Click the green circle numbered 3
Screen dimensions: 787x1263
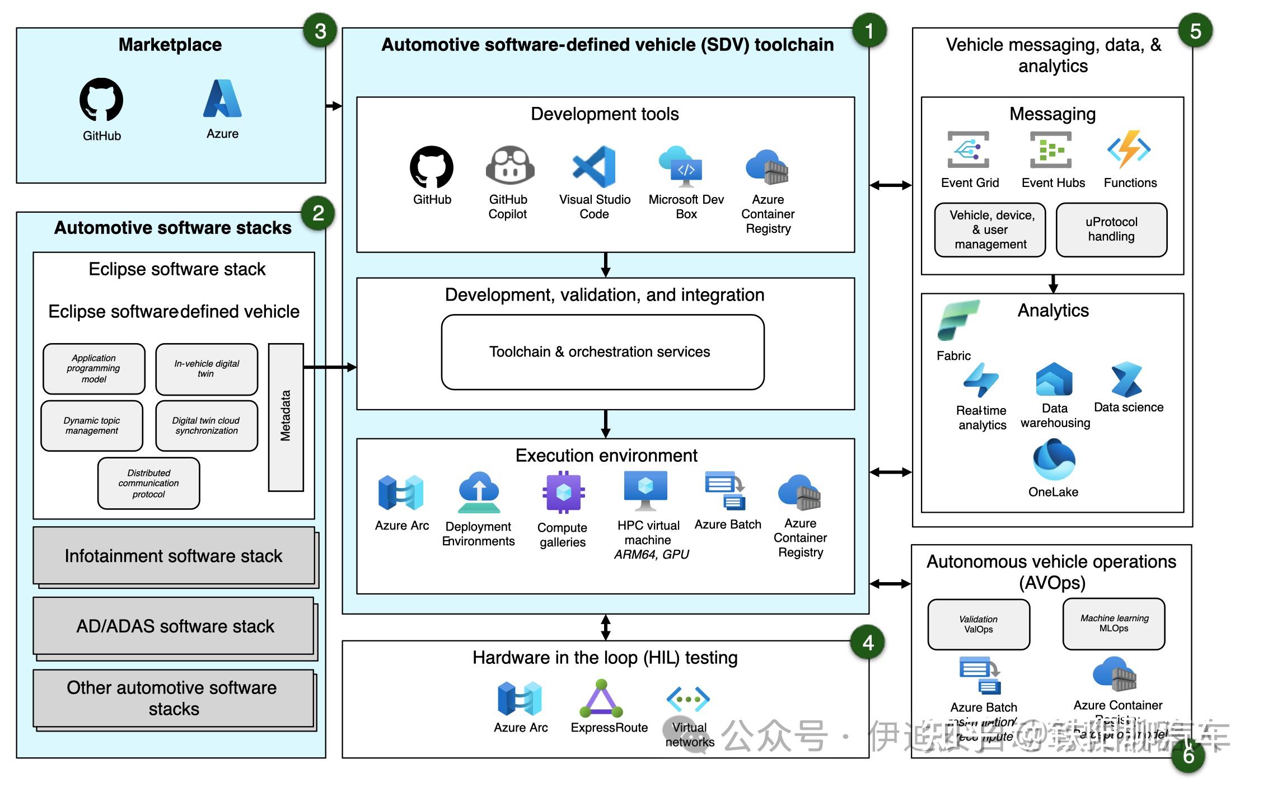tap(320, 31)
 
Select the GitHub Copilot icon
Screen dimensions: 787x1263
tap(509, 166)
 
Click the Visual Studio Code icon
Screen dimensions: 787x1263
tap(594, 166)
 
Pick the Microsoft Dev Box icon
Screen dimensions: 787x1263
tap(681, 167)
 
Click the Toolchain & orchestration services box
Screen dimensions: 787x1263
tap(602, 352)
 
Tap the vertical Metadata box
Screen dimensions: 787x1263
tap(286, 417)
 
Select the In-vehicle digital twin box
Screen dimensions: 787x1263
tap(207, 369)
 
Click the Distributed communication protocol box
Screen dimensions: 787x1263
tap(149, 483)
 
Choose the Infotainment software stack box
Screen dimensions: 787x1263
tap(174, 556)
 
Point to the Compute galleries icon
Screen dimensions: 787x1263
tap(563, 492)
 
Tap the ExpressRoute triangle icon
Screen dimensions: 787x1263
tap(601, 699)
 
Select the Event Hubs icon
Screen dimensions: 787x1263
tap(1051, 150)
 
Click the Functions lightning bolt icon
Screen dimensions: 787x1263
tap(1129, 149)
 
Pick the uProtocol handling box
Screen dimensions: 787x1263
tap(1111, 229)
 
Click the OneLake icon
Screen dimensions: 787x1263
tap(1054, 460)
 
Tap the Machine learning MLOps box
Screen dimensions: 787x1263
tap(1114, 624)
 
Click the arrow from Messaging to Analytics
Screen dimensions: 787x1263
tap(1053, 284)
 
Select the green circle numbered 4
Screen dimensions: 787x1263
tap(868, 643)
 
